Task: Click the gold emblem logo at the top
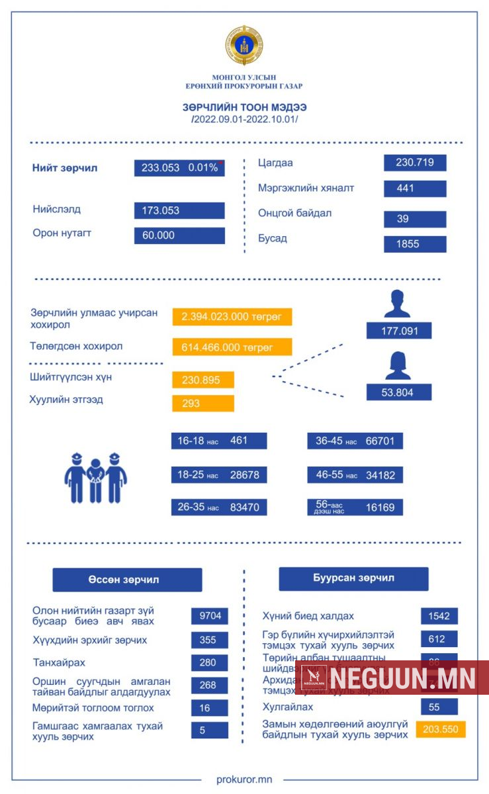click(x=244, y=45)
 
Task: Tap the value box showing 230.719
click(x=415, y=163)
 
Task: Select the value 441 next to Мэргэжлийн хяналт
click(x=415, y=189)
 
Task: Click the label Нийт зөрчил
click(x=65, y=168)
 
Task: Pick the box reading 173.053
click(x=179, y=211)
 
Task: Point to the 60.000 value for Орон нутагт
click(x=179, y=236)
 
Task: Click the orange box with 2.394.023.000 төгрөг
click(x=232, y=317)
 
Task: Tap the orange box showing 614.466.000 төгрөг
click(x=232, y=347)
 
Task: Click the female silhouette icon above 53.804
click(x=398, y=366)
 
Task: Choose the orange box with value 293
click(x=203, y=403)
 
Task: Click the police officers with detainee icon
click(x=96, y=477)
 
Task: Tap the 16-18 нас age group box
click(x=219, y=441)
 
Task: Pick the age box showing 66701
click(x=355, y=441)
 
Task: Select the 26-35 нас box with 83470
click(x=219, y=507)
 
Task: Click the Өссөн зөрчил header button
click(x=127, y=580)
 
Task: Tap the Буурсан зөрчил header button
click(x=353, y=578)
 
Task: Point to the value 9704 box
click(x=210, y=615)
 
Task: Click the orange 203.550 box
click(x=441, y=729)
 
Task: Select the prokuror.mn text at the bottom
click(x=244, y=779)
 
